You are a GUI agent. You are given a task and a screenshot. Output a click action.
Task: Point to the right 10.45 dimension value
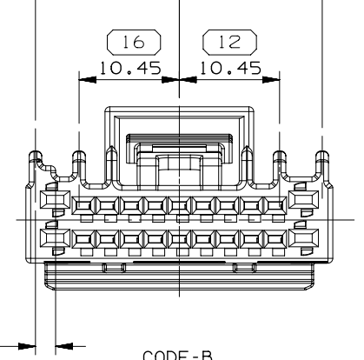(x=227, y=70)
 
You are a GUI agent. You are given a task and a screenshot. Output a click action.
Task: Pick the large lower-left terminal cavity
(x=52, y=237)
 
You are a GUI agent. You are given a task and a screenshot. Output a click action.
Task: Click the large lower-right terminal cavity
(x=305, y=237)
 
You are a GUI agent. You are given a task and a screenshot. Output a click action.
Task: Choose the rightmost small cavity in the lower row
(x=274, y=237)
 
